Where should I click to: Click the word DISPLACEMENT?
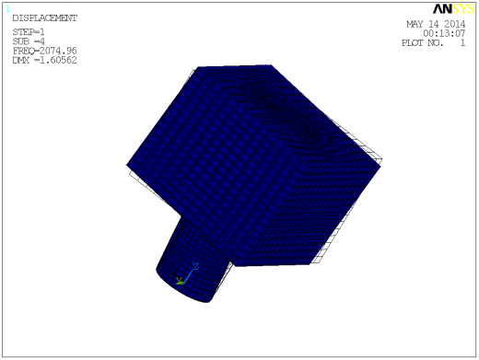point(44,17)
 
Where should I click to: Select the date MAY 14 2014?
point(437,25)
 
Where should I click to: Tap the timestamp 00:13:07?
point(445,33)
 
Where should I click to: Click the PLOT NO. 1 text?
point(434,42)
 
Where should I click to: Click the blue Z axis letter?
point(195,266)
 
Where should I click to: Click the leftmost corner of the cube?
point(128,166)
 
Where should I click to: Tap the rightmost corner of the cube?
point(380,165)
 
